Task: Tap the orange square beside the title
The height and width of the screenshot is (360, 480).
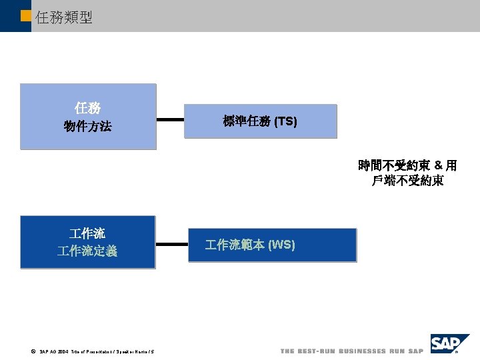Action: pos(26,15)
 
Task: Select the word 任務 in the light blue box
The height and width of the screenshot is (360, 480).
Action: pos(88,108)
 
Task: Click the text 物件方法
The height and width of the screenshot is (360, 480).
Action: pos(88,126)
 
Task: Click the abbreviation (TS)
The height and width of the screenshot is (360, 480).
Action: pos(285,121)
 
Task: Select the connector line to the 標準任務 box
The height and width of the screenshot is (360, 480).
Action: pos(170,121)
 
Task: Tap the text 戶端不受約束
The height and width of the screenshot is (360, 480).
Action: pos(407,180)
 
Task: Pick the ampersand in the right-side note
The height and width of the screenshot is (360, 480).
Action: pos(438,165)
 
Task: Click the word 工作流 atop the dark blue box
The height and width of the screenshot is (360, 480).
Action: pos(87,233)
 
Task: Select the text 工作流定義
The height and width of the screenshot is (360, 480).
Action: pos(87,251)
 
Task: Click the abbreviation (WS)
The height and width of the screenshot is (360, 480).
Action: pos(280,245)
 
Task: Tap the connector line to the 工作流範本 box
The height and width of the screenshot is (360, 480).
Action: pos(170,245)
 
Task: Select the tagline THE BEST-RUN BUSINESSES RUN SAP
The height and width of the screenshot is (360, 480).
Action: pos(351,351)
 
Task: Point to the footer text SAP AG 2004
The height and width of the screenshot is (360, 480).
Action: pos(53,351)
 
